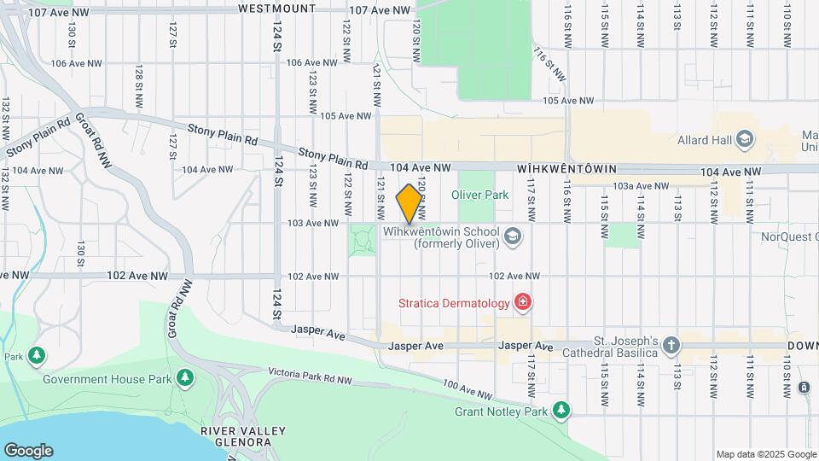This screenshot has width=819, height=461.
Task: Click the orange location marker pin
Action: [x=409, y=203]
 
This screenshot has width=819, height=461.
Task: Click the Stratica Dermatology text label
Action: [x=454, y=302]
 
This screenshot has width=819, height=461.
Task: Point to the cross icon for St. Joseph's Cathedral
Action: [x=671, y=345]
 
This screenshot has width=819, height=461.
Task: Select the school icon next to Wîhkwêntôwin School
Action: [x=512, y=236]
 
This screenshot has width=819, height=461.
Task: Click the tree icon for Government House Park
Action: [x=184, y=378]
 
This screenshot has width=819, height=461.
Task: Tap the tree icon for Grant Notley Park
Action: [x=560, y=411]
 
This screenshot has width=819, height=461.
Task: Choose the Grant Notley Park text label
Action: [x=501, y=411]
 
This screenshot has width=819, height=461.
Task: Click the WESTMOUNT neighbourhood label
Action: [x=276, y=9]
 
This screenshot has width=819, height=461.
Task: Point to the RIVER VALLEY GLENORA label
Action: [x=235, y=436]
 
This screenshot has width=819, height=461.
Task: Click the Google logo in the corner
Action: [x=28, y=451]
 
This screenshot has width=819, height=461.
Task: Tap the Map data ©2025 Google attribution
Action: [x=765, y=454]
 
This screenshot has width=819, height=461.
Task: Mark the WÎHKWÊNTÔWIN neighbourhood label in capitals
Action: [x=566, y=170]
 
